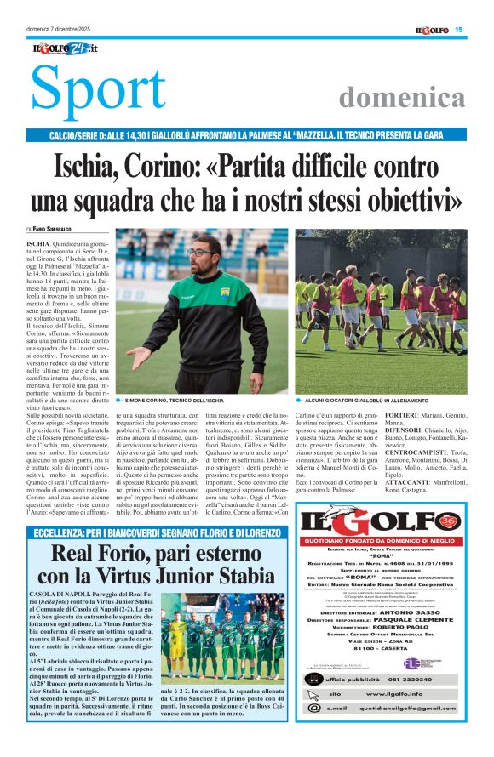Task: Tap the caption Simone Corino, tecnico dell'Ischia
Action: click(174, 400)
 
